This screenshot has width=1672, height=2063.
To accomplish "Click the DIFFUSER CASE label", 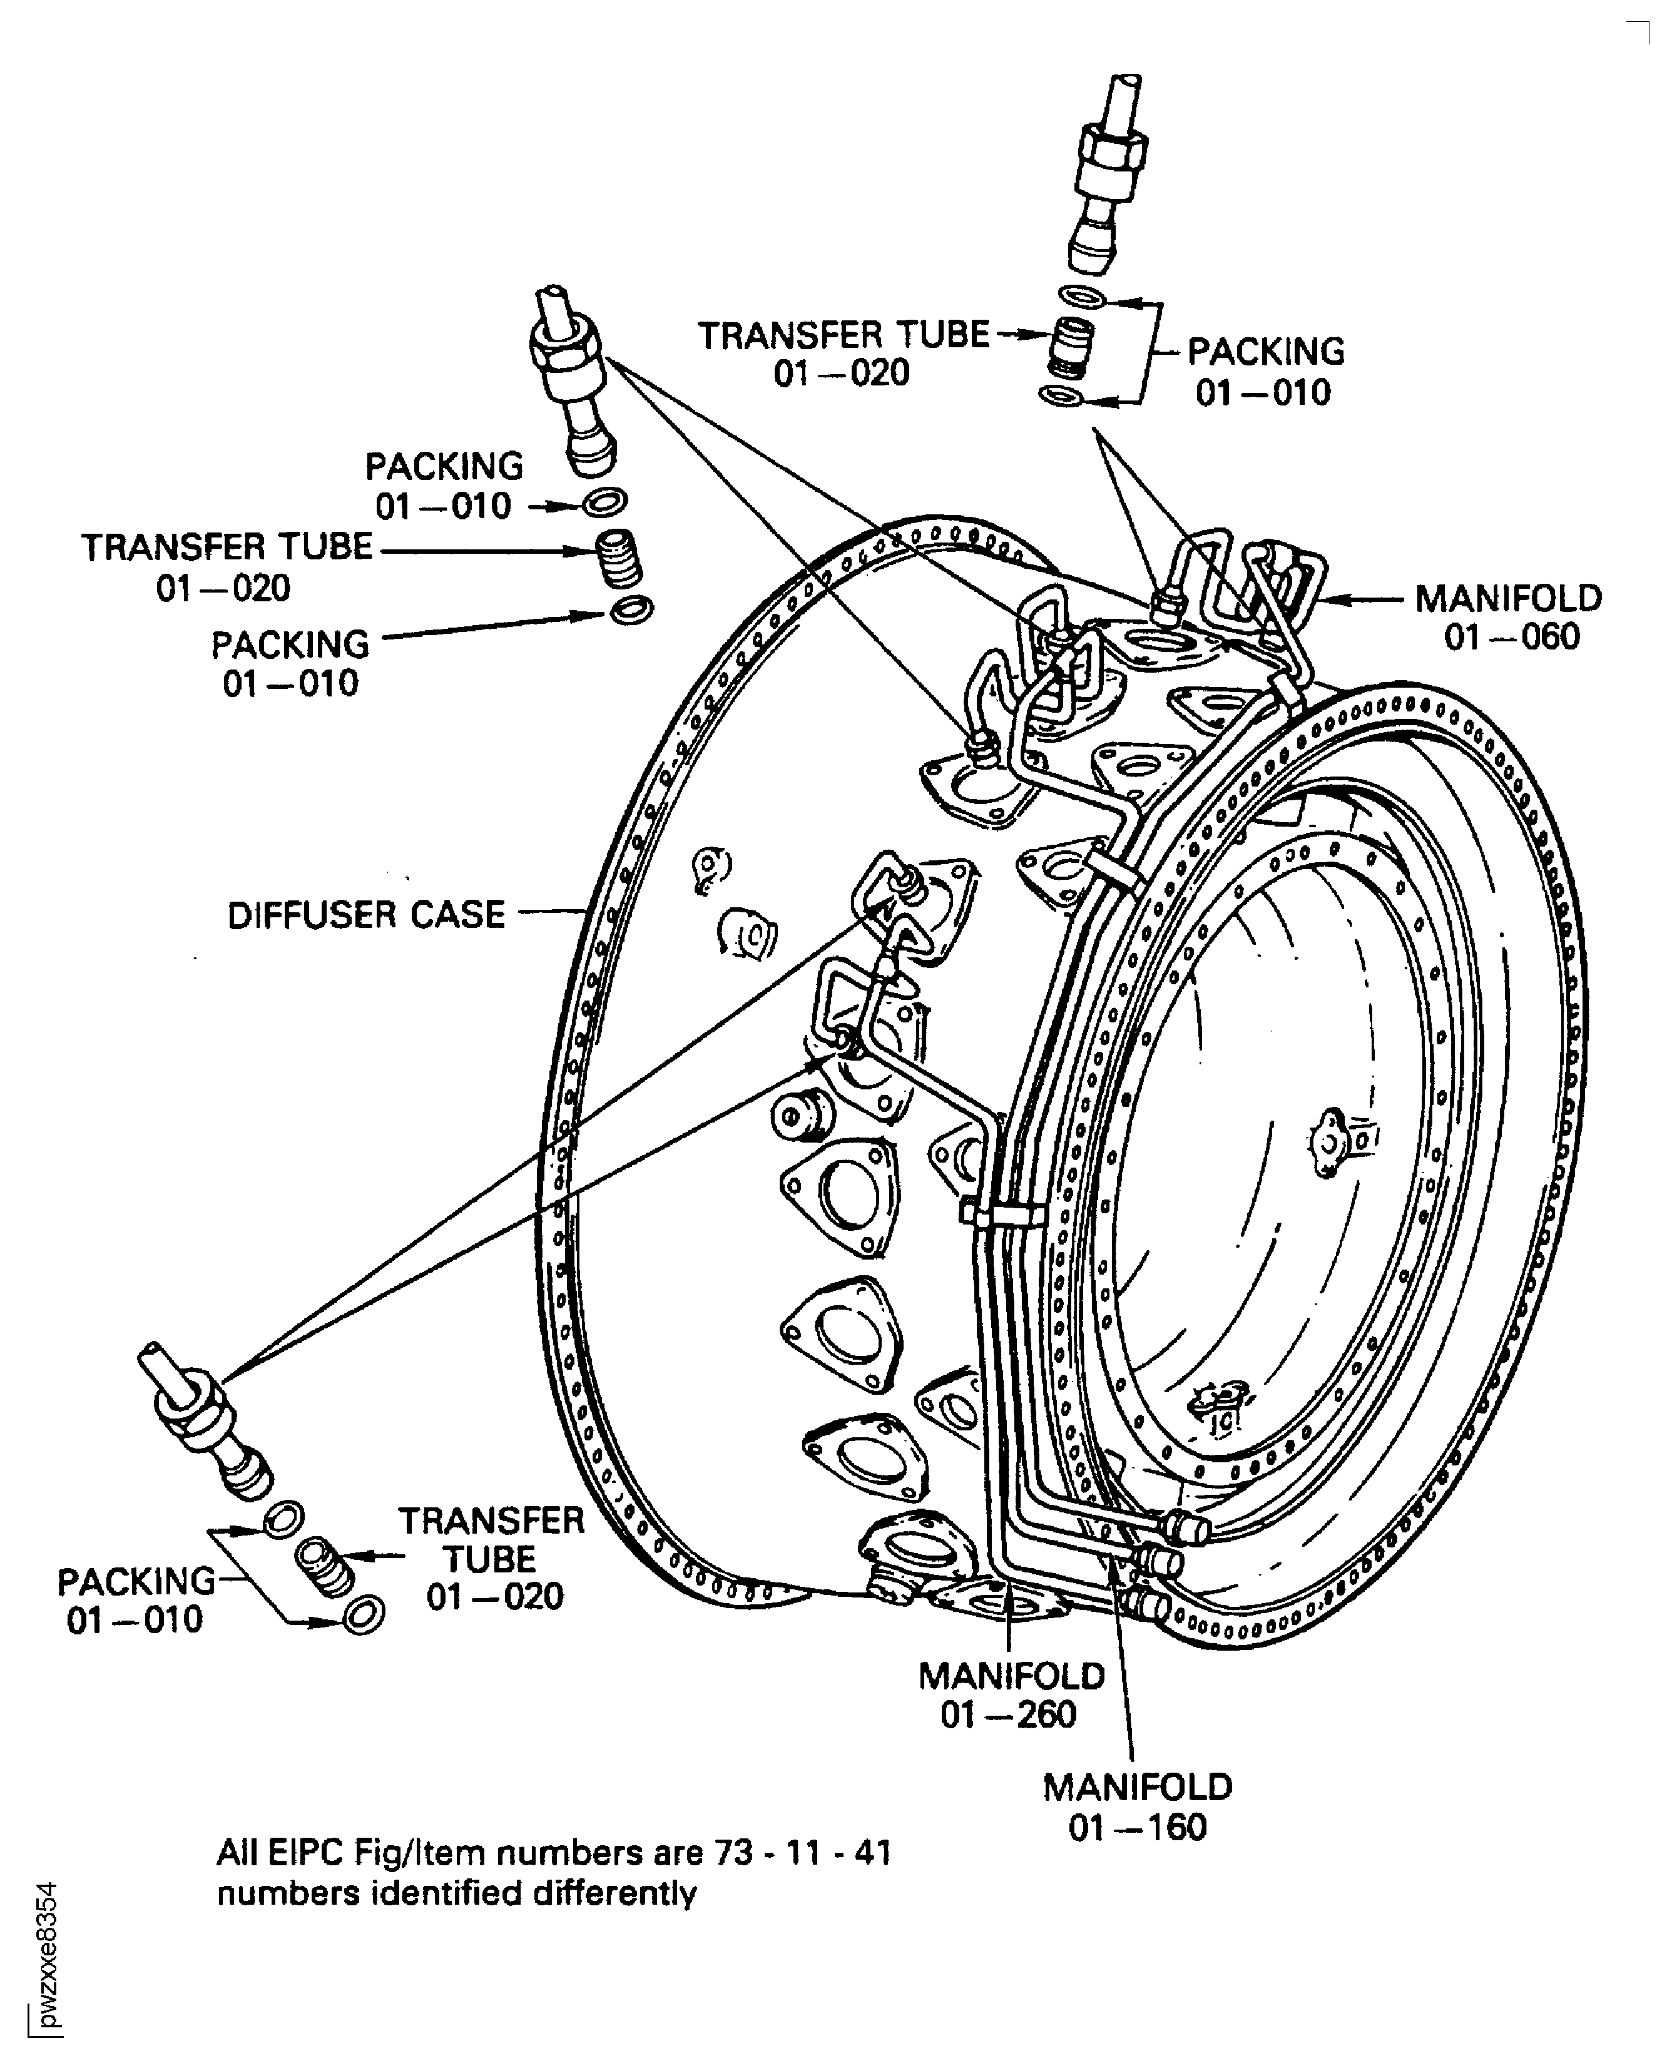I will click(x=366, y=915).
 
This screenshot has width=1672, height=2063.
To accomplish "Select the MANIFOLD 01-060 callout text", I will click(x=1508, y=618).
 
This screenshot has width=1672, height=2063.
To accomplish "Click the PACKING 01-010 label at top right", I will click(x=1265, y=372).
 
